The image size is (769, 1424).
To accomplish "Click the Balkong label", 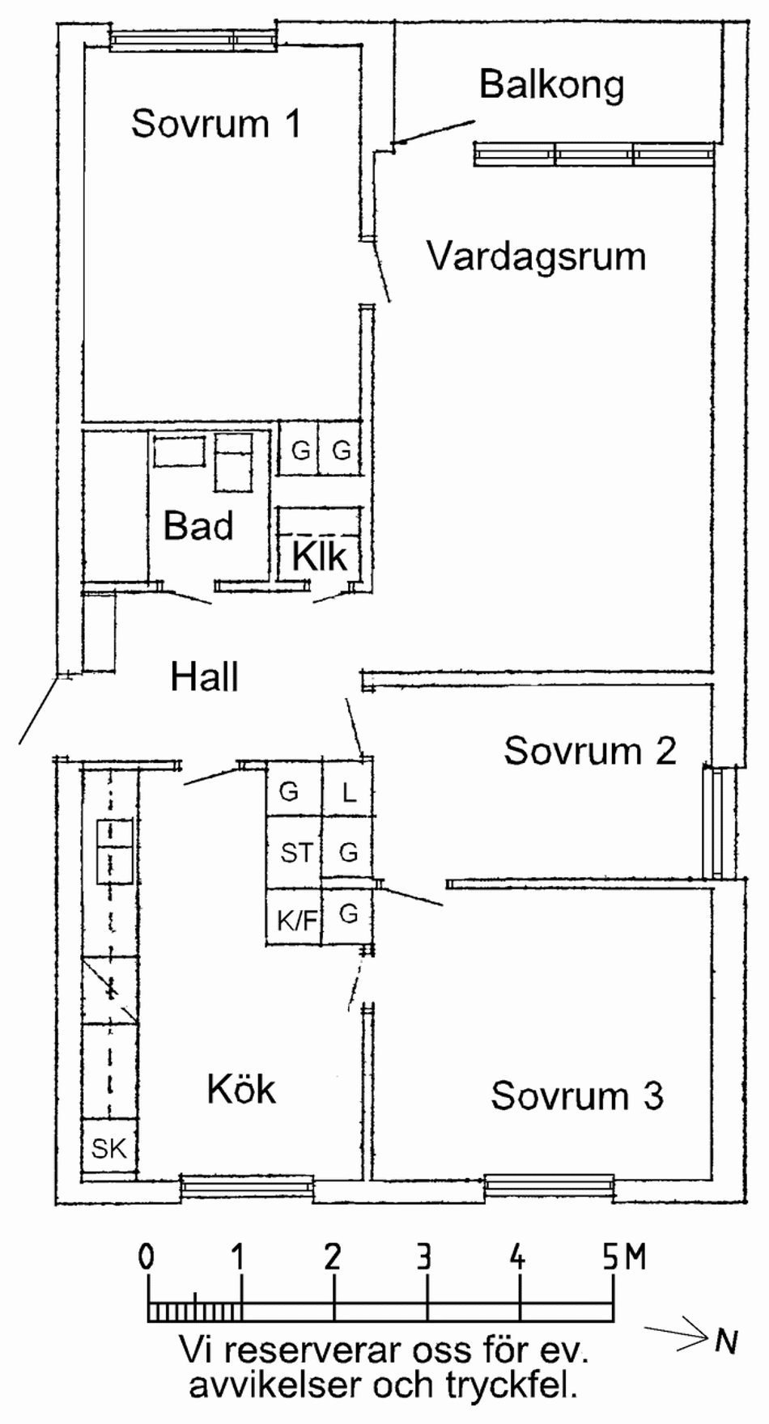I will click(x=551, y=85).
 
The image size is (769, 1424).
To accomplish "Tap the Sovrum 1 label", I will click(x=215, y=124).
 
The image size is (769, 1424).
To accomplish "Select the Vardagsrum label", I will click(x=536, y=256).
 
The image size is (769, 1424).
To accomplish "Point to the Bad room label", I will click(x=198, y=526).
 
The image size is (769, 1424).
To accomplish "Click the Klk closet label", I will click(x=319, y=557).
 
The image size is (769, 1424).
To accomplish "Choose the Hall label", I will click(x=204, y=676).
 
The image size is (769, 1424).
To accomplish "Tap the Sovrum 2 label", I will click(x=589, y=751).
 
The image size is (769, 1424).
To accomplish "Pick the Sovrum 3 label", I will click(x=576, y=1096).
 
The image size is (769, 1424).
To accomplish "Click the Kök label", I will click(x=241, y=1090).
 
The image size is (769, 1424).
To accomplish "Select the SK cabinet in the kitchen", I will click(x=109, y=1148).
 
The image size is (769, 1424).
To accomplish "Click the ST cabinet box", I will click(x=295, y=852).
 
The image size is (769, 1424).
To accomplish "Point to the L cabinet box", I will click(x=349, y=791).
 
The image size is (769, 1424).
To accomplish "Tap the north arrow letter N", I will click(x=726, y=1341).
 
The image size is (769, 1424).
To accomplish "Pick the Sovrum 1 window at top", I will click(x=194, y=40).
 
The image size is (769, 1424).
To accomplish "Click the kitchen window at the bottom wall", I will click(x=246, y=1188).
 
